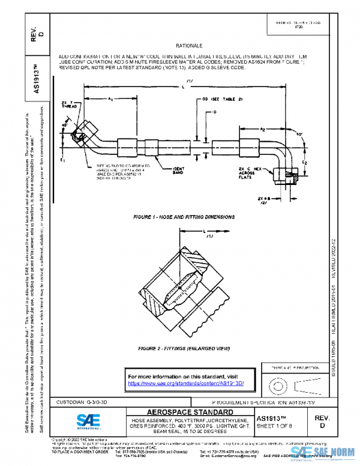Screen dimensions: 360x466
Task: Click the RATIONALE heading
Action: tap(189, 46)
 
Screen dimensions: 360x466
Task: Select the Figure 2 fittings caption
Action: tap(184, 348)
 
